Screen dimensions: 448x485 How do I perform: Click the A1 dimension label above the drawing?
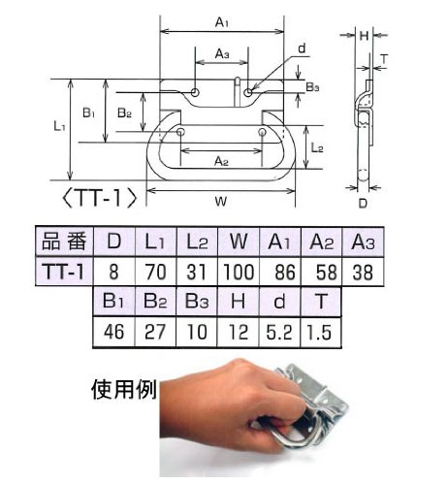point(222,22)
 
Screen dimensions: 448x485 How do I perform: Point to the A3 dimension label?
point(222,53)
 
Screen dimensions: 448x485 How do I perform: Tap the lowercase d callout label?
point(302,48)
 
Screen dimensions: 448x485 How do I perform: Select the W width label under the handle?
point(221,201)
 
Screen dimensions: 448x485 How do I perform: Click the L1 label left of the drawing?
point(59,126)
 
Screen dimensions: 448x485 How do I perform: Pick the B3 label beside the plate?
point(312,86)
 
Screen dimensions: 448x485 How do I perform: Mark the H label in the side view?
point(364,36)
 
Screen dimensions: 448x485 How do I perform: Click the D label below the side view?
point(363,204)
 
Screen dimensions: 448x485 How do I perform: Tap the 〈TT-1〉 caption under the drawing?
point(100,198)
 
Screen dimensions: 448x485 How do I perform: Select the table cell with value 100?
point(239,272)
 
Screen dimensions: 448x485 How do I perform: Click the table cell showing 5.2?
point(279,333)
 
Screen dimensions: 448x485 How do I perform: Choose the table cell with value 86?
point(280,272)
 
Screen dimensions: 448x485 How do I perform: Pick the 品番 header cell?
point(64,242)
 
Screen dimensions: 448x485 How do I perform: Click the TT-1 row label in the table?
point(64,272)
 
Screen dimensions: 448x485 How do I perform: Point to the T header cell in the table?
point(321,302)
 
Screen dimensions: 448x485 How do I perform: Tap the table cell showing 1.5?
point(321,333)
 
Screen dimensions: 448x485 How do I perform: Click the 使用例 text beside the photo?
point(124,389)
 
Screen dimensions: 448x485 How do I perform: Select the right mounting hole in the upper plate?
point(248,92)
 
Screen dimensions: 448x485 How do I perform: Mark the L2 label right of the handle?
point(317,147)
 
